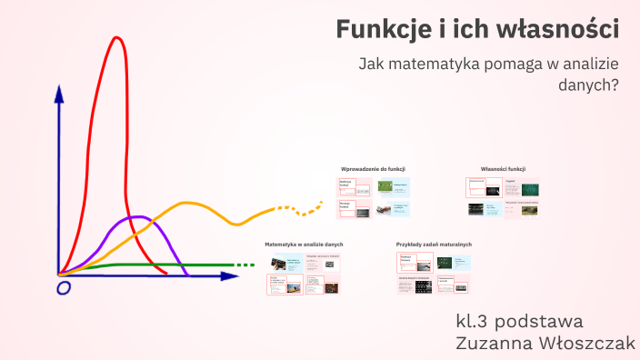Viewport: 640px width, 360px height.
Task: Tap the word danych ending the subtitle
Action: [587, 85]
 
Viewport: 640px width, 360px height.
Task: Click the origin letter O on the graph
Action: [64, 288]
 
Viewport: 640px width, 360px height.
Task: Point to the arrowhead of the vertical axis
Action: [59, 92]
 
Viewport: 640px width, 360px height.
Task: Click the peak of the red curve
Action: [116, 38]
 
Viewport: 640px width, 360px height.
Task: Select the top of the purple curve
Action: [138, 217]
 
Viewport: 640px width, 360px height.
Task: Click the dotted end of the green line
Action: [245, 265]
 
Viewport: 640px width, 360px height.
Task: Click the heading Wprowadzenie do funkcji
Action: [373, 169]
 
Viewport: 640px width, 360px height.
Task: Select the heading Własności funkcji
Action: [504, 169]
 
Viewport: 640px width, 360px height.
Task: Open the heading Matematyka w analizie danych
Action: [304, 245]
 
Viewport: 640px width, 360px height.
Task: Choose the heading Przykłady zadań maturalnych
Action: [434, 245]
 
